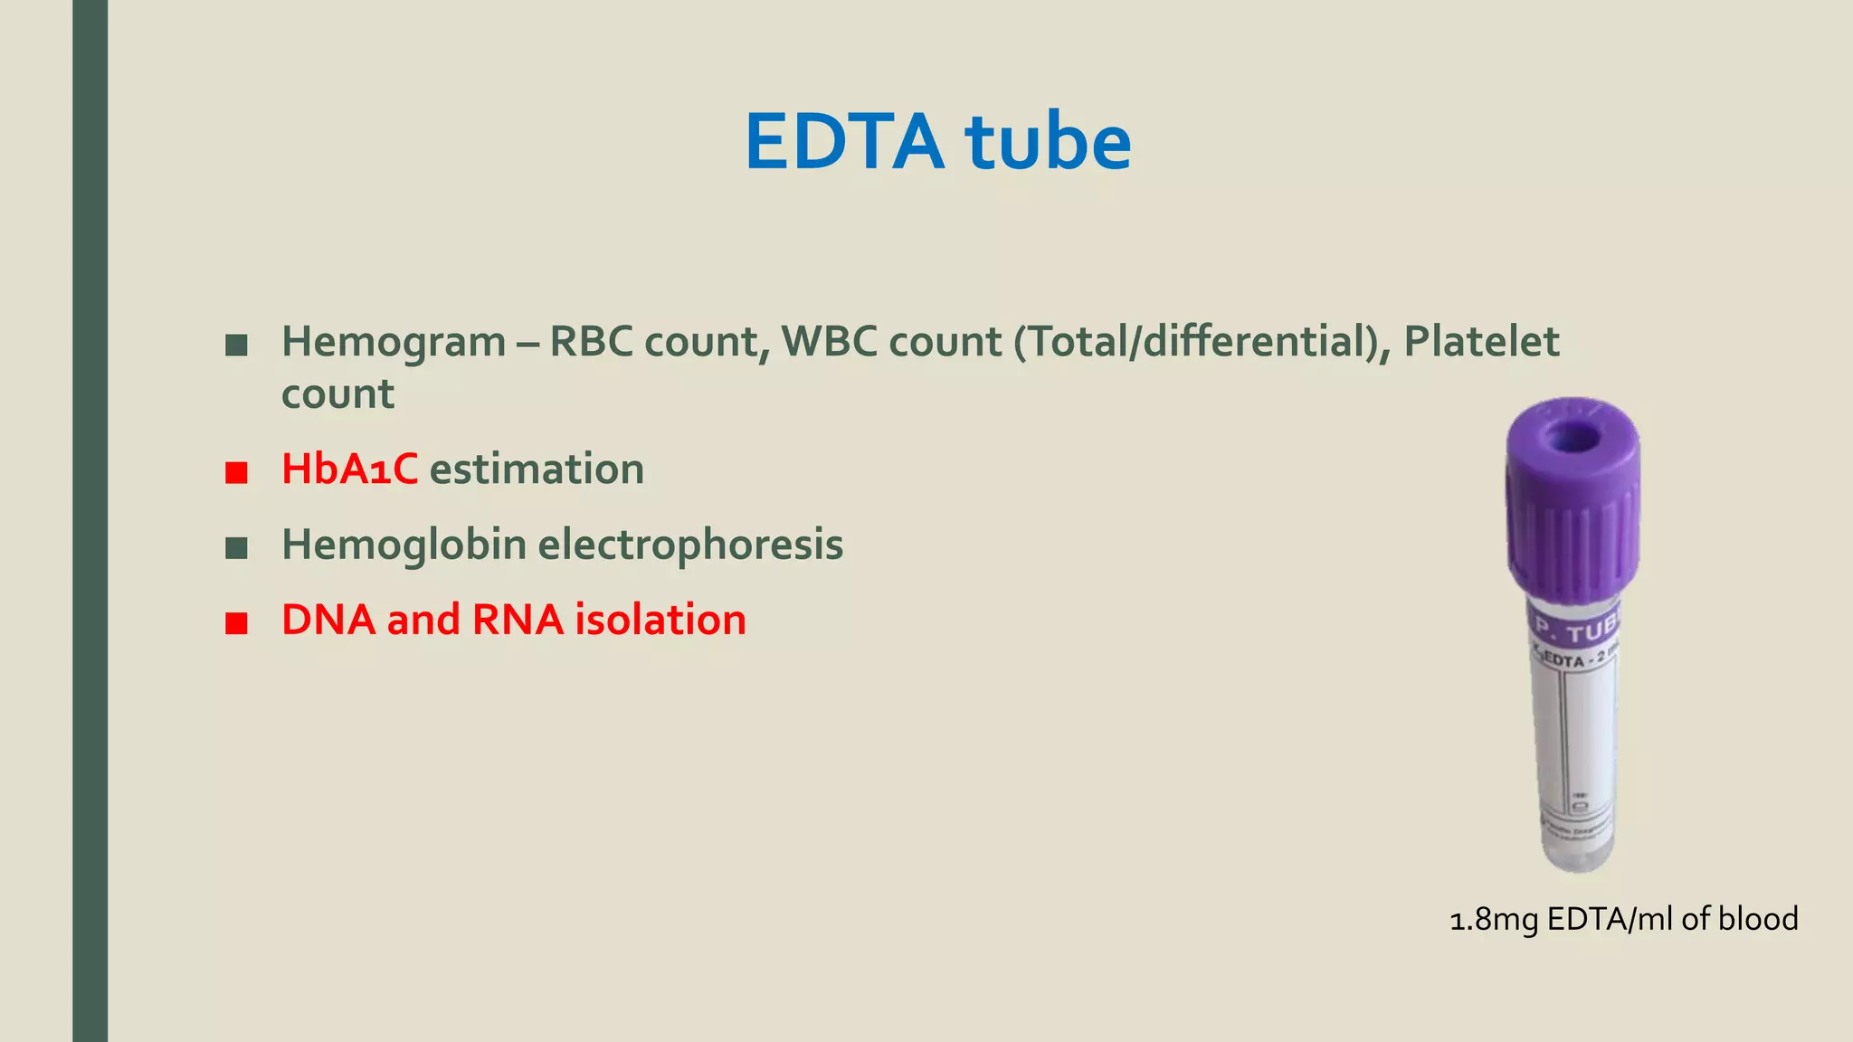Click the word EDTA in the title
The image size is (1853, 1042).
[843, 142]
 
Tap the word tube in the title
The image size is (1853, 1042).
[1048, 142]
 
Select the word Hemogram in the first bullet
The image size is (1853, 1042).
[394, 342]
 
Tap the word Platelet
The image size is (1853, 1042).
[1481, 342]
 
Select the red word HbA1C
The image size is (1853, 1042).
[349, 469]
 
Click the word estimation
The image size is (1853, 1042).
[537, 469]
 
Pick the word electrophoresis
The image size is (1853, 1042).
[690, 545]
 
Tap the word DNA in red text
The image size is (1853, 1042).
[328, 620]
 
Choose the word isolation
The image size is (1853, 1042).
[660, 620]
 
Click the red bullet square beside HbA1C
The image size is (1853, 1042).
[236, 472]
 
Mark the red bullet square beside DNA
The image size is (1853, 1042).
[236, 623]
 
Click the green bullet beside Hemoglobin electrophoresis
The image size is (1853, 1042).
[236, 547]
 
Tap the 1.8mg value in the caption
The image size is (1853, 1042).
[1494, 920]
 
